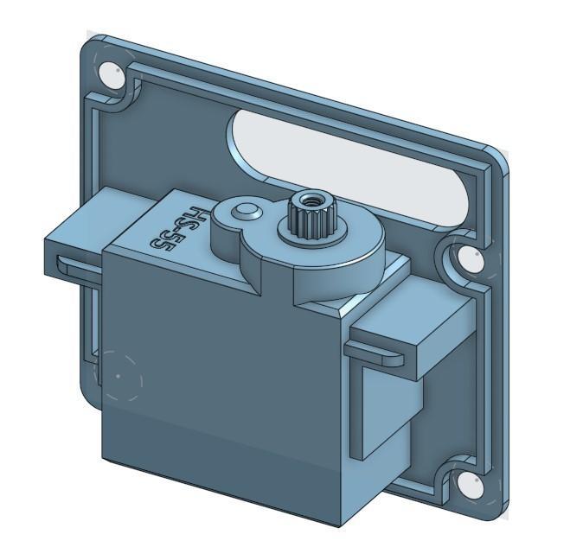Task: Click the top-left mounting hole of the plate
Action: tap(112, 74)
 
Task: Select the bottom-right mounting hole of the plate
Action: tap(470, 484)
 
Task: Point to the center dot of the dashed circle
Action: tap(118, 377)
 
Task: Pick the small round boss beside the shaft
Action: tap(247, 210)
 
